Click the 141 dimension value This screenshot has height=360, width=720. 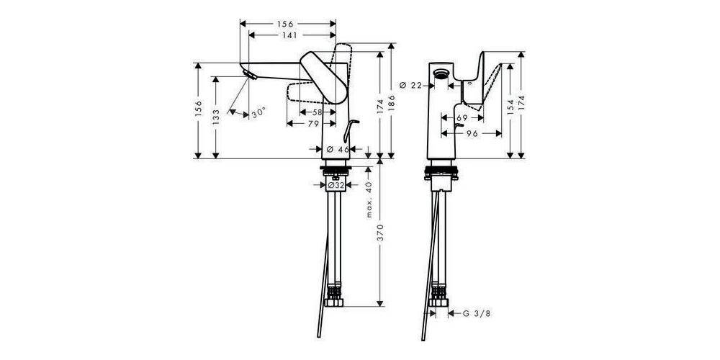(292, 34)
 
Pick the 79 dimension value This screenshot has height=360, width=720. (312, 125)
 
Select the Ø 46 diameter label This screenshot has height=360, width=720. (338, 149)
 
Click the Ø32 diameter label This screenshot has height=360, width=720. (336, 185)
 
